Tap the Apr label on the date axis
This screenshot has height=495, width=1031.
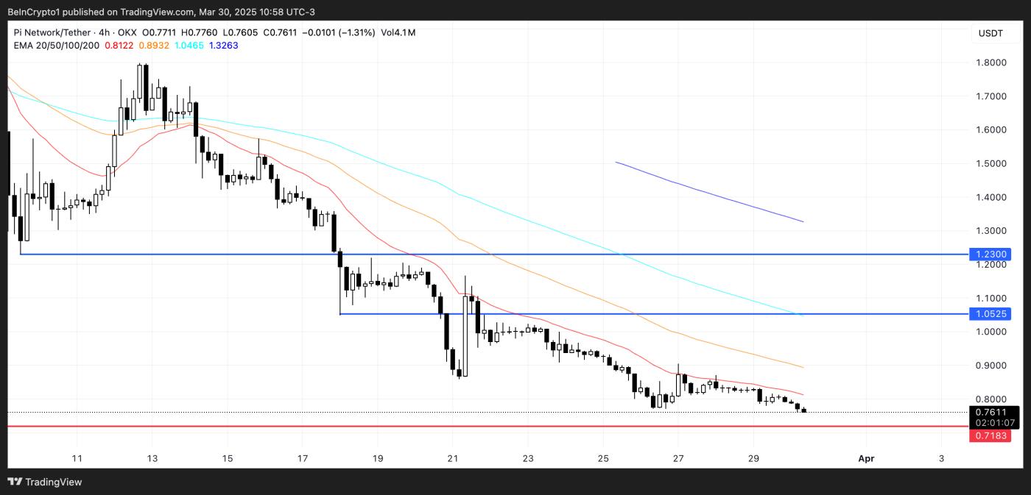click(866, 459)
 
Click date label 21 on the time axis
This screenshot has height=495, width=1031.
click(453, 459)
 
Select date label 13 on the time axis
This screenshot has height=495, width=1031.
click(152, 459)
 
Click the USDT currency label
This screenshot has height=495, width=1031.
click(990, 33)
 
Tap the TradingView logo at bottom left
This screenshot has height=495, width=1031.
click(45, 482)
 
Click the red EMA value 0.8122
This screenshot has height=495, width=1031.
click(119, 46)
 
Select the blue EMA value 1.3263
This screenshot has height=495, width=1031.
click(223, 46)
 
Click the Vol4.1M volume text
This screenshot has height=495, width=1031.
click(398, 32)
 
